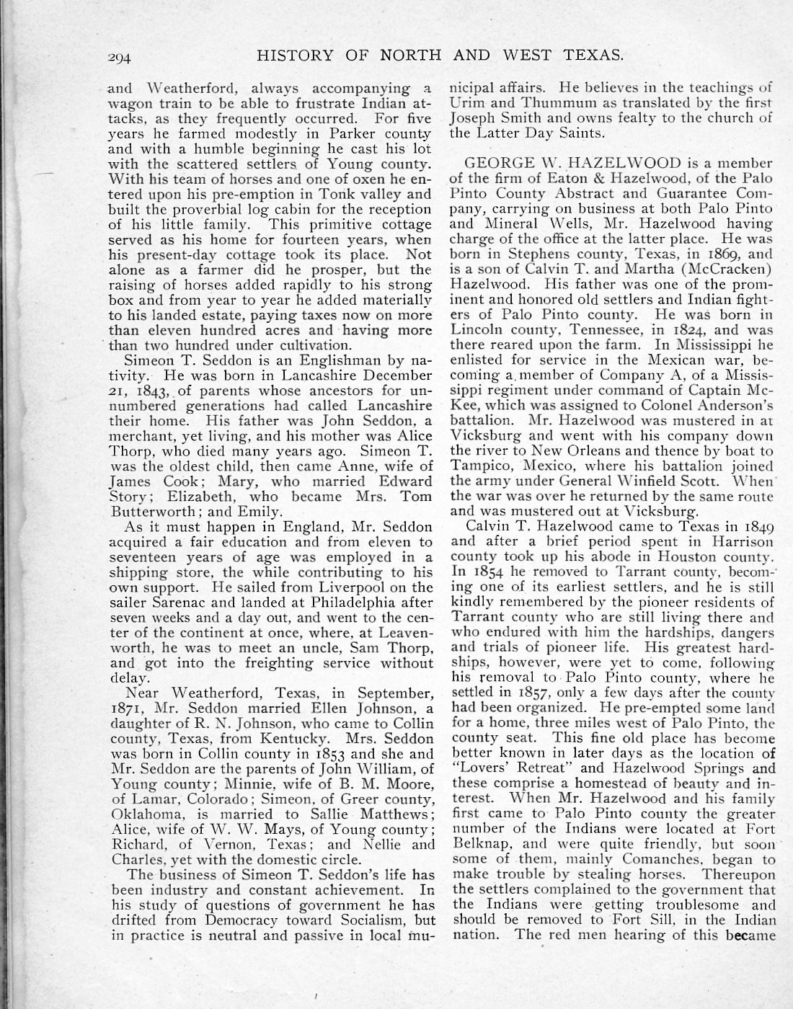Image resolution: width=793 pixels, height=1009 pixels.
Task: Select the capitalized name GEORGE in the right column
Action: coord(497,164)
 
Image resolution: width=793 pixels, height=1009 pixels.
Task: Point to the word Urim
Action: coord(464,103)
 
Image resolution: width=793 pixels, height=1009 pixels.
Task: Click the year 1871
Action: coord(128,708)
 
